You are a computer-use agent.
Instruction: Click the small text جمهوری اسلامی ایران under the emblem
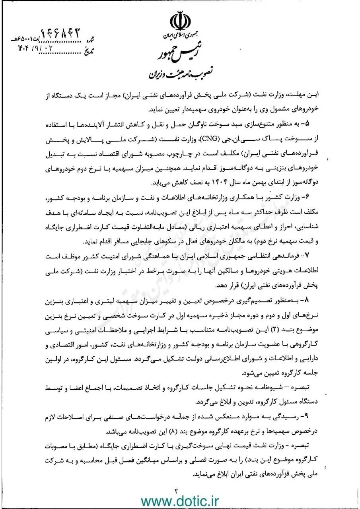tap(180, 38)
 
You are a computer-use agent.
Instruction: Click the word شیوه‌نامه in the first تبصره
tap(270, 387)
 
